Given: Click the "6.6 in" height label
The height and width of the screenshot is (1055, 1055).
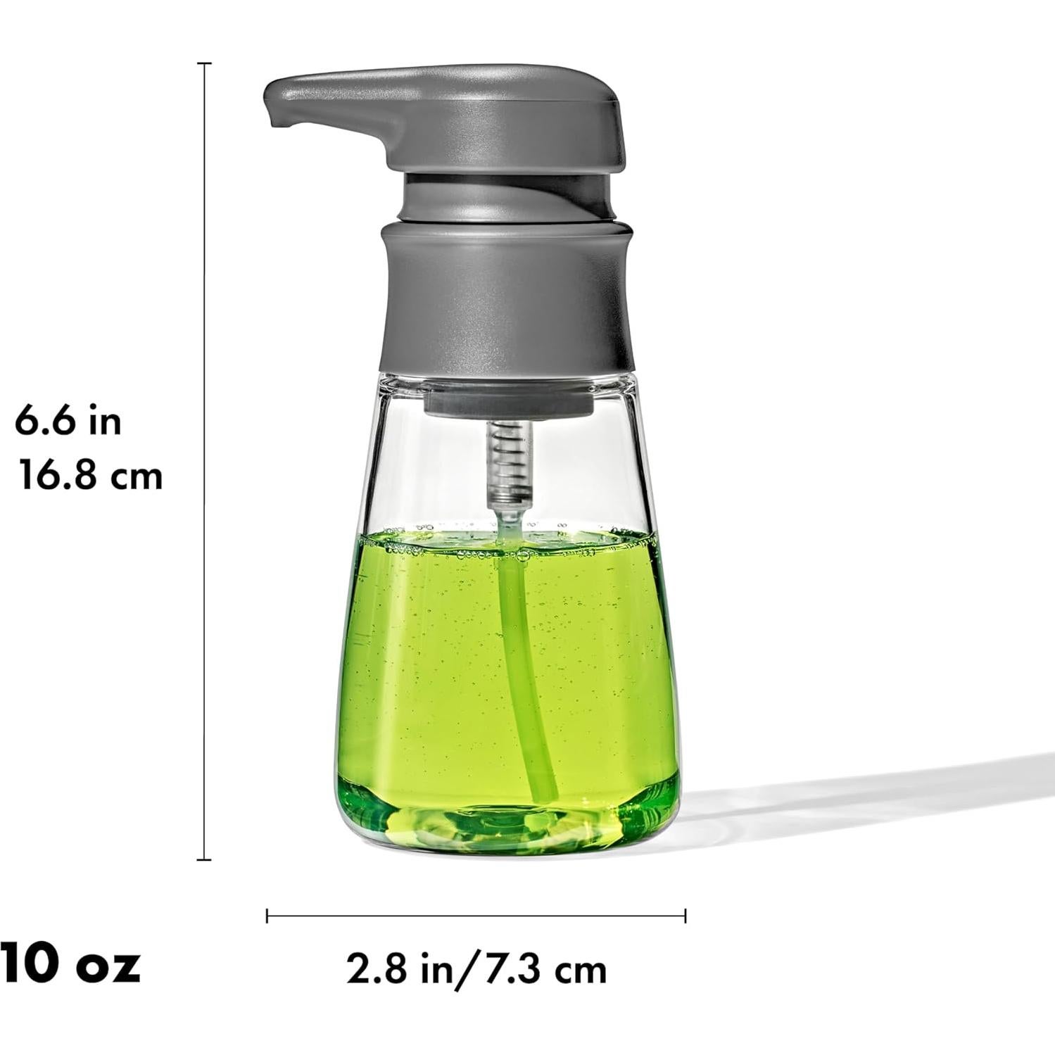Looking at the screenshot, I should tap(68, 422).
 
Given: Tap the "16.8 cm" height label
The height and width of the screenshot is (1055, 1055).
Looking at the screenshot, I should tap(90, 476).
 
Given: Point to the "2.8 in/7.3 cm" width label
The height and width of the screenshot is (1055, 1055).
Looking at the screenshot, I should tap(476, 970).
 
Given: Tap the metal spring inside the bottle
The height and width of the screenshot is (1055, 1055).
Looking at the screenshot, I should tap(510, 461).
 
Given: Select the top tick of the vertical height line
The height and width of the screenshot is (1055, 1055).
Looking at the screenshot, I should tap(204, 63).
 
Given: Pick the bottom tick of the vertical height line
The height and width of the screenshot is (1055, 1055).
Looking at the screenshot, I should tap(204, 859).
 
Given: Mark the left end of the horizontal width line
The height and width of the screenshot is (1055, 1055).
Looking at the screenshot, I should tap(267, 916).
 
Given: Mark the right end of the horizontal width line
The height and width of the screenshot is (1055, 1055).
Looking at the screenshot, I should tap(685, 916).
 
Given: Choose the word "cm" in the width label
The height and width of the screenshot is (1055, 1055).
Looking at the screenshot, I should tap(580, 971).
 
